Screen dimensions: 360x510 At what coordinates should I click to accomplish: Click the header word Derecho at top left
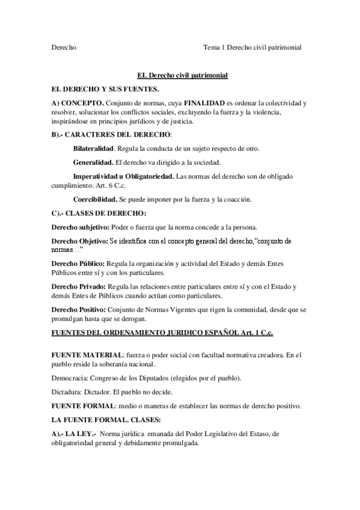point(64,47)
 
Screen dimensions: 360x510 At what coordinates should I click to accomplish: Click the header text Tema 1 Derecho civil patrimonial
point(252,47)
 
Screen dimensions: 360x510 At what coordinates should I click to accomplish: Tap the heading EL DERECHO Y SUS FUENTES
point(105,89)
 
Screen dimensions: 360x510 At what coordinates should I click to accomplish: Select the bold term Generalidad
point(93,162)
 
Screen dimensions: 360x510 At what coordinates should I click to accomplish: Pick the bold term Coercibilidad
point(94,199)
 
